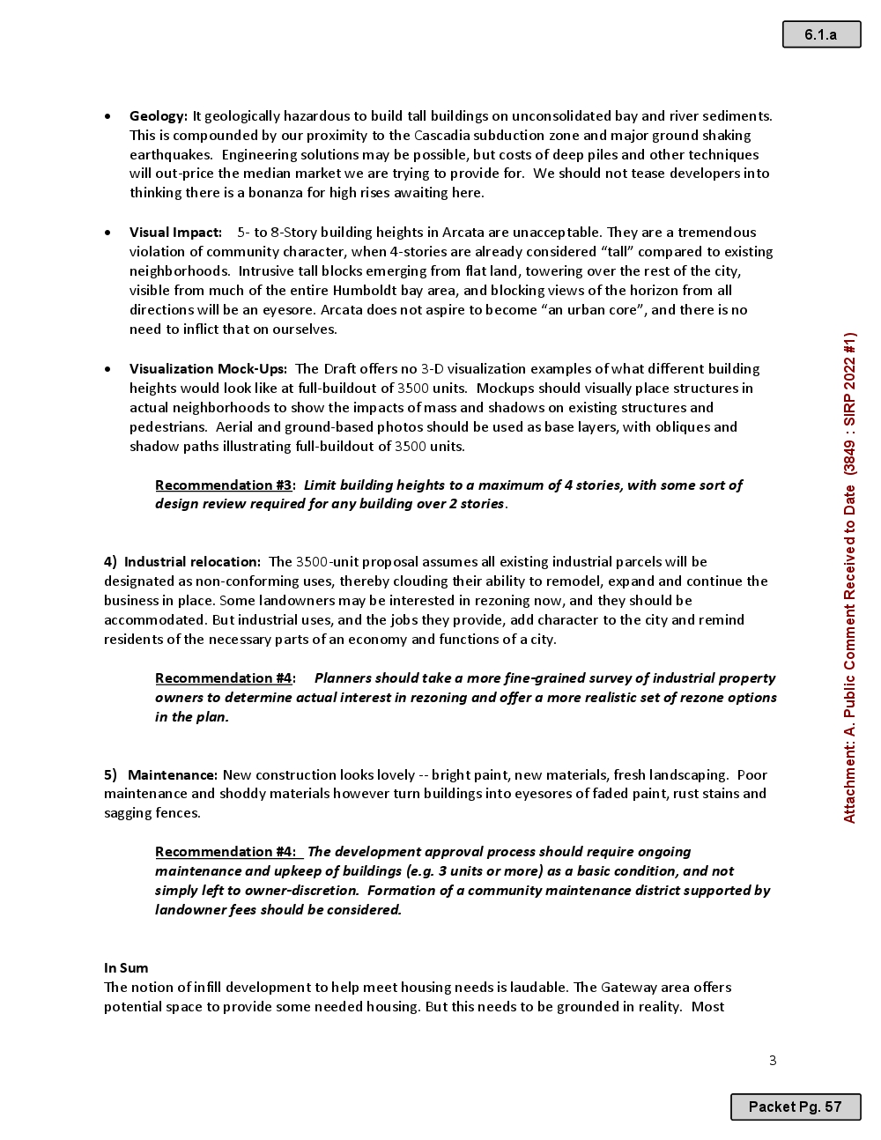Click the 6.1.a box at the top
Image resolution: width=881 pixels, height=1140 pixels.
(x=821, y=34)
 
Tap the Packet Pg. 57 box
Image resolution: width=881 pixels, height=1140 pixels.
(x=795, y=1107)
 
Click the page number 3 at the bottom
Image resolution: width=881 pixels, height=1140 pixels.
(x=773, y=1060)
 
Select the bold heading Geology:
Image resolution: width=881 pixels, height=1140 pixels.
(x=159, y=116)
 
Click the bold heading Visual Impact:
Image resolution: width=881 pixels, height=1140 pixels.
(x=175, y=233)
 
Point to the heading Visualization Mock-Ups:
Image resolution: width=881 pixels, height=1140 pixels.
(x=208, y=369)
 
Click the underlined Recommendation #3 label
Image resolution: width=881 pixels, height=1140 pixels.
(x=223, y=485)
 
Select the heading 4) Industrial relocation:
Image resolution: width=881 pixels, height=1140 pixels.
(x=182, y=562)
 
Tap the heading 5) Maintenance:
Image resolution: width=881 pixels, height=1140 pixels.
(x=160, y=775)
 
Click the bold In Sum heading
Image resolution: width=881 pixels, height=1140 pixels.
(x=126, y=968)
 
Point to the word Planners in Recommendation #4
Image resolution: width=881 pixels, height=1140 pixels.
(x=343, y=678)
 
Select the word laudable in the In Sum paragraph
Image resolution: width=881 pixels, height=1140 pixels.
(x=538, y=988)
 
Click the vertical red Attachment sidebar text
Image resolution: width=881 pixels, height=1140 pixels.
(x=849, y=577)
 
